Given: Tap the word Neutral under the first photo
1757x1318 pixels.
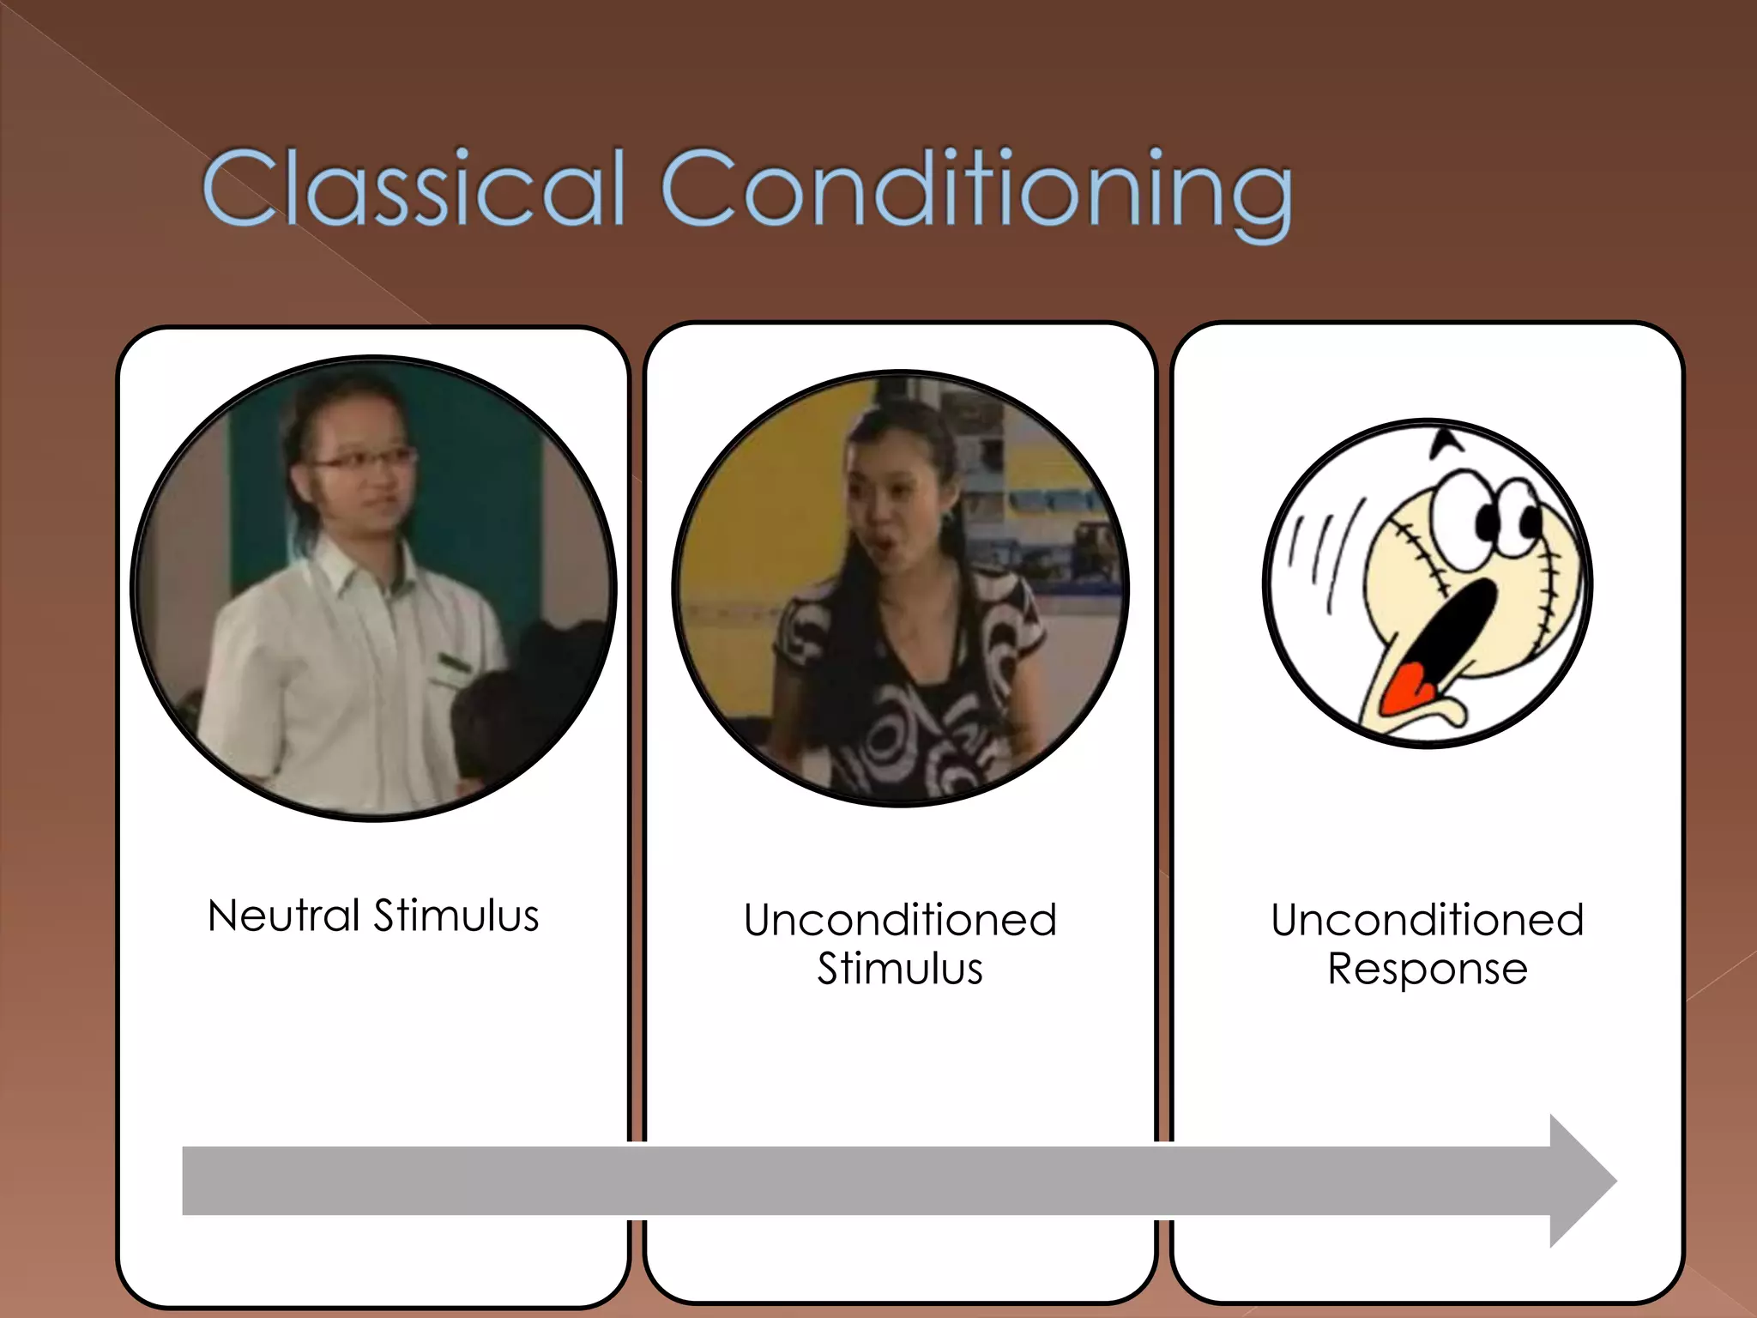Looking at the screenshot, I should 283,915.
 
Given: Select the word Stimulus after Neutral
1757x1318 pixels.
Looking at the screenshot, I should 456,915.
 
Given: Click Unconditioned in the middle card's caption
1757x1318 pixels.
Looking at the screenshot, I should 900,920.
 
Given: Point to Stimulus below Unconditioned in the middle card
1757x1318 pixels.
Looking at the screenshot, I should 900,969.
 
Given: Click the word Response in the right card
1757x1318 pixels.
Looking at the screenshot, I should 1428,969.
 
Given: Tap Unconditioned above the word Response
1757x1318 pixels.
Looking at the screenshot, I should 1428,920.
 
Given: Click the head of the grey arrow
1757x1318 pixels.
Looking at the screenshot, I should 1583,1181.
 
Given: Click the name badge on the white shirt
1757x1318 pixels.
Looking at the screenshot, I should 456,663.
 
